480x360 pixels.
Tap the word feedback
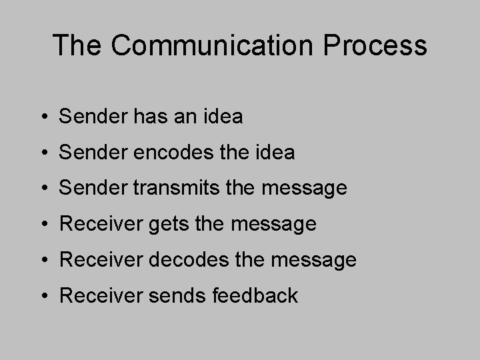point(256,295)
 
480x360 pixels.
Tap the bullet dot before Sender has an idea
point(42,118)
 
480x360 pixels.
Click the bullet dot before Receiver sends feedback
point(42,296)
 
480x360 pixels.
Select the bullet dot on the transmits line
point(42,189)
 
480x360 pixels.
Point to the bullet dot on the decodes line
point(42,261)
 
